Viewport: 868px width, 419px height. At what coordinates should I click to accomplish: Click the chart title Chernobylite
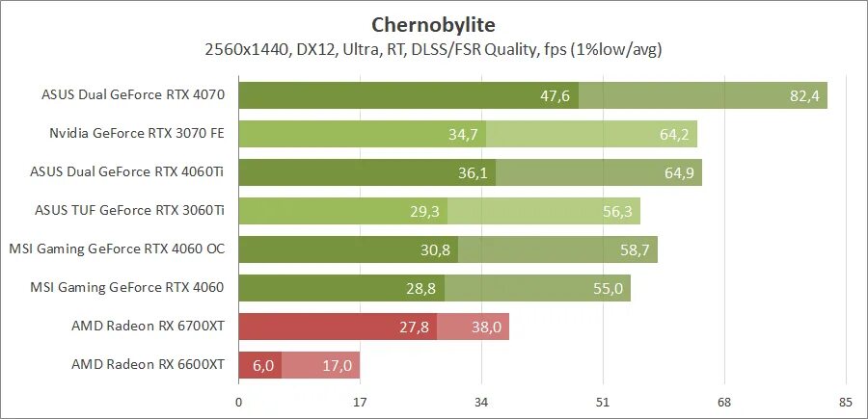tap(433, 23)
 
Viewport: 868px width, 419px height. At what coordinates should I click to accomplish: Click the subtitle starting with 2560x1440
tap(433, 48)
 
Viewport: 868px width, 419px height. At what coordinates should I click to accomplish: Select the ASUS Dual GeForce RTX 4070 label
tap(133, 95)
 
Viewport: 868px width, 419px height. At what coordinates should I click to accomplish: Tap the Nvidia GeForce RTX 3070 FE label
tap(137, 134)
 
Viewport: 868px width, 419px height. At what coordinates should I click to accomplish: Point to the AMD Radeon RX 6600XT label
tap(148, 365)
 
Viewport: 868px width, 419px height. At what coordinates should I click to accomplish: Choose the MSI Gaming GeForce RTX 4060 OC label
tap(117, 249)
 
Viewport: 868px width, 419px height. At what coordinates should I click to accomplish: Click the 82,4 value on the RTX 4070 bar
tap(805, 95)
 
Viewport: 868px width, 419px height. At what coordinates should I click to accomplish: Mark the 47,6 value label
tap(556, 95)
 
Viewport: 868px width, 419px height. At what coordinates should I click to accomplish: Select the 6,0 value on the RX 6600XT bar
tap(263, 365)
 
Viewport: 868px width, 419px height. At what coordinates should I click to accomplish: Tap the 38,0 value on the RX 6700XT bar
tap(487, 327)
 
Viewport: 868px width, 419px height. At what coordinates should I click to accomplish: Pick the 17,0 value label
tap(338, 365)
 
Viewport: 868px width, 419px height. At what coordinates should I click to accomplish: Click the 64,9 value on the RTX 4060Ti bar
tap(680, 172)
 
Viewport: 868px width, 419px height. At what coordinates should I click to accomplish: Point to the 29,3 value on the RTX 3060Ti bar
tap(425, 211)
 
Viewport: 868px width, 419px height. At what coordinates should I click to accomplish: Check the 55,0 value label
tap(609, 288)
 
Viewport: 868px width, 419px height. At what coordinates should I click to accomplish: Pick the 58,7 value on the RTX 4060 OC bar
tap(636, 249)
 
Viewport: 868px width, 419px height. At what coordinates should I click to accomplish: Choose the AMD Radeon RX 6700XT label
tap(148, 327)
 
